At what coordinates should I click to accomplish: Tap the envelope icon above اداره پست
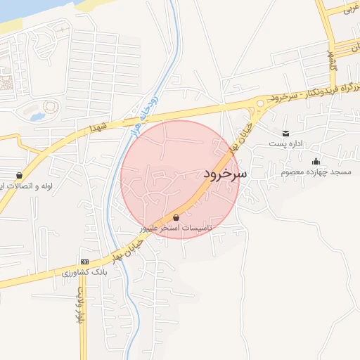(x=285, y=134)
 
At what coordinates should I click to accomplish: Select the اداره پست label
(x=285, y=144)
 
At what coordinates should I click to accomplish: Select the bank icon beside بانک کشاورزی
(x=85, y=261)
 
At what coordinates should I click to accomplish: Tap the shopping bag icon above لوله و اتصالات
(x=18, y=176)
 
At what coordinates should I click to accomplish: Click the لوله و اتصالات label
(x=35, y=186)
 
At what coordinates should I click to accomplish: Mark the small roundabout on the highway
(x=260, y=105)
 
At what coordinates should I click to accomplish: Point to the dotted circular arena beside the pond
(x=50, y=108)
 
